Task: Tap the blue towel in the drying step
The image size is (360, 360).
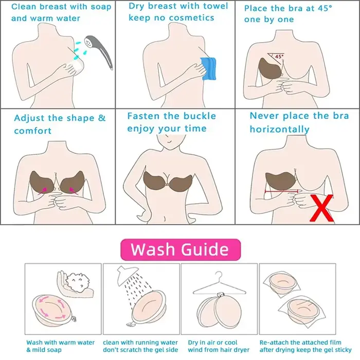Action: (x=208, y=68)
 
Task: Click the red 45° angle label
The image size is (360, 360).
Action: (x=279, y=56)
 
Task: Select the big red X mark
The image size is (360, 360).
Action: (x=321, y=208)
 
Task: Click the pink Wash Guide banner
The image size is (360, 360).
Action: (x=181, y=249)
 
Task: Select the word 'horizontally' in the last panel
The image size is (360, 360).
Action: (x=280, y=129)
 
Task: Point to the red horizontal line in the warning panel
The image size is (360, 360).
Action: (x=282, y=191)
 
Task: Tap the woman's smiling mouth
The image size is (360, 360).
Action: (x=169, y=142)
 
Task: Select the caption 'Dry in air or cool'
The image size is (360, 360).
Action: (x=212, y=343)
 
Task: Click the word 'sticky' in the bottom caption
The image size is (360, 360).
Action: (x=343, y=350)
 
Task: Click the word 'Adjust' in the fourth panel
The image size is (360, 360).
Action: (x=29, y=118)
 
